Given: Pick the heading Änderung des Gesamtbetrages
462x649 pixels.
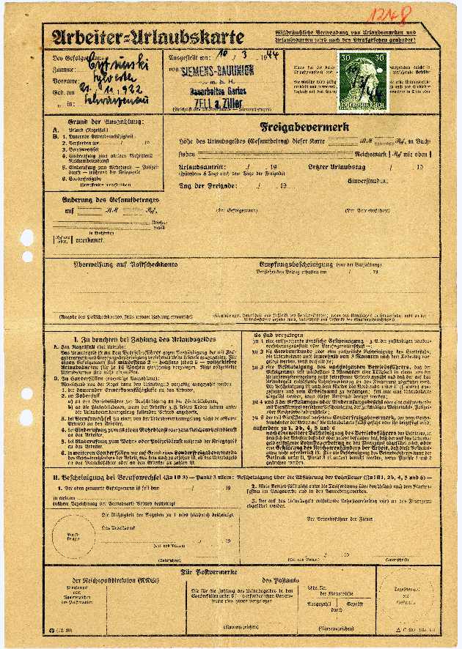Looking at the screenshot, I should point(103,199).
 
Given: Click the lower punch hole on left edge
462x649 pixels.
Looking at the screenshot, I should point(27,256).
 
